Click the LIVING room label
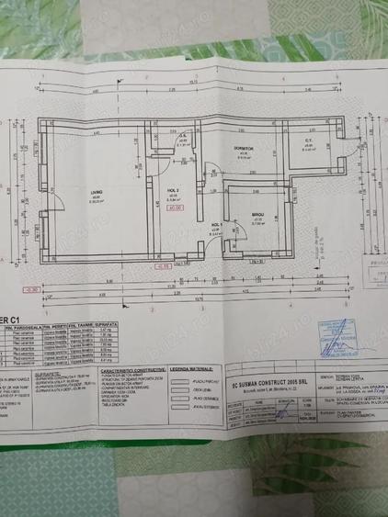tap(96, 192)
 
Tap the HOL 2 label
tap(173, 192)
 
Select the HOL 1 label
tap(216, 225)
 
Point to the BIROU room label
tap(258, 218)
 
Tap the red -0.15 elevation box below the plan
tap(163, 265)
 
